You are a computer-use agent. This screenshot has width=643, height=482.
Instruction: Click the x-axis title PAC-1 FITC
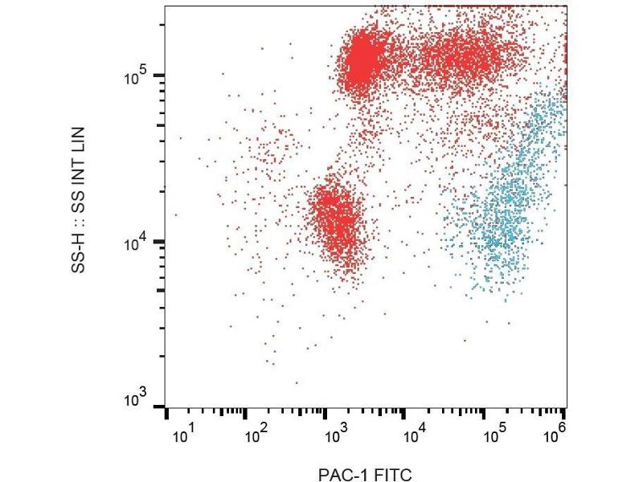(x=365, y=475)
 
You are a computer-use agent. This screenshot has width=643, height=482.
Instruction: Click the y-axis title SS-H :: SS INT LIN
(x=79, y=200)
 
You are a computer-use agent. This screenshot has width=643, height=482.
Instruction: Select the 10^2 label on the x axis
(x=256, y=436)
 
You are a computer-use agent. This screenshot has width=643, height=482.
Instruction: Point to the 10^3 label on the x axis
(x=335, y=436)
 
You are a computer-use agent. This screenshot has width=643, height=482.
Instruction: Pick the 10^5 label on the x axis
(x=494, y=436)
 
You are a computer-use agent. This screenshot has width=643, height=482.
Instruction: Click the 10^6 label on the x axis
(x=555, y=436)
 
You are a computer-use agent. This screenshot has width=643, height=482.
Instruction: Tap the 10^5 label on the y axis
(x=134, y=77)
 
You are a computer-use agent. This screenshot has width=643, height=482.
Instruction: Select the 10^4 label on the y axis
(x=134, y=242)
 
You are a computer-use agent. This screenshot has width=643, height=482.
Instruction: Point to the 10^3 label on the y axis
(x=134, y=400)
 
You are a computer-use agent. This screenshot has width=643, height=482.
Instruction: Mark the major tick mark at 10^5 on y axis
(x=160, y=76)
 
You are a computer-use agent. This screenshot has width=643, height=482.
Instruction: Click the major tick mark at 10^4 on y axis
(x=160, y=241)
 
